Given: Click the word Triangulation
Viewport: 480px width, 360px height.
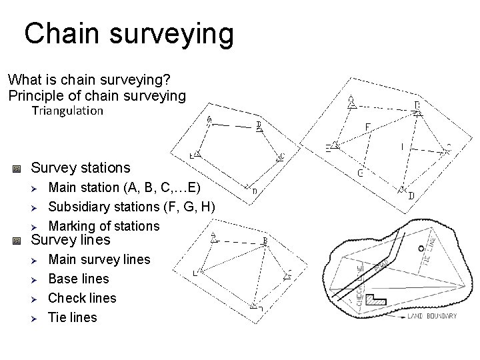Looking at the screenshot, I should coord(67,111).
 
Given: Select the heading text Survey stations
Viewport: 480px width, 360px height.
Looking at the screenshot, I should coord(81,167).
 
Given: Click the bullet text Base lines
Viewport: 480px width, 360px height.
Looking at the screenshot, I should coord(79,279).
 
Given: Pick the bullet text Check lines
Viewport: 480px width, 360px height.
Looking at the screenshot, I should coord(83,298).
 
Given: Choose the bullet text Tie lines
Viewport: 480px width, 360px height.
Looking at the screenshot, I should coord(73,317).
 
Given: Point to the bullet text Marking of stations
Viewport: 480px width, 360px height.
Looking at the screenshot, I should coord(104,226).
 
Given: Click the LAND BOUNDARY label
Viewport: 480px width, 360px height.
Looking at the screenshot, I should coord(432,316).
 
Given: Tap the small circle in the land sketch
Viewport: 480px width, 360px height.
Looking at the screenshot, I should coord(420,248).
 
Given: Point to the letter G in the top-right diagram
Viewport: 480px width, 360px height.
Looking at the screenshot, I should coord(360,173).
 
